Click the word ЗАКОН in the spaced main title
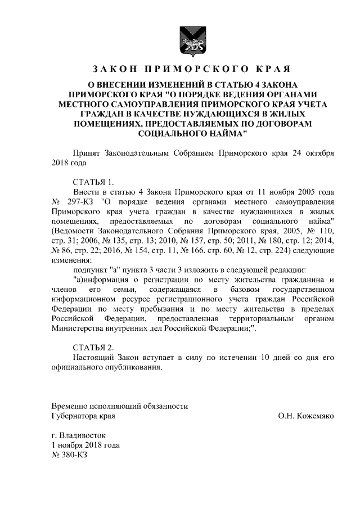pos(111,70)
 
